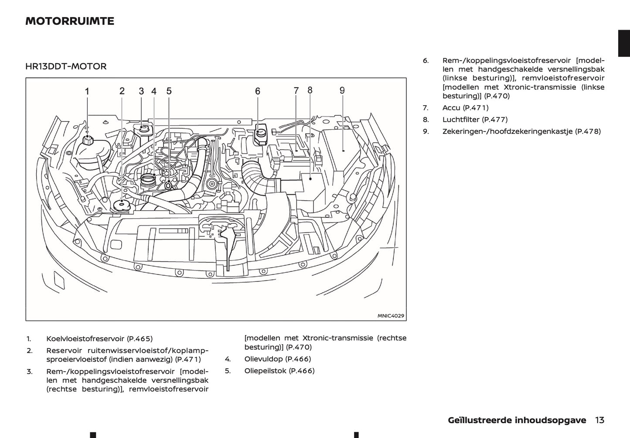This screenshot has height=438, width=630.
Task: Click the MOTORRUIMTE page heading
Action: [70, 21]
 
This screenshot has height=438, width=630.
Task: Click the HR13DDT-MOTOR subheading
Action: [66, 66]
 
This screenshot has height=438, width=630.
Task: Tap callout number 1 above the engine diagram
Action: [87, 92]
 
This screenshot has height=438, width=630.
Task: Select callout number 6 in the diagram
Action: [258, 91]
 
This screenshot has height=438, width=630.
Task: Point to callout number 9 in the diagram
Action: [342, 90]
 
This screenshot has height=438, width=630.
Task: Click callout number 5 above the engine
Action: [169, 91]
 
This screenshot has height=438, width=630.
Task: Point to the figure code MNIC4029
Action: [391, 316]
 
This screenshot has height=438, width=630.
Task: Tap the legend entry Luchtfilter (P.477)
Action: [475, 120]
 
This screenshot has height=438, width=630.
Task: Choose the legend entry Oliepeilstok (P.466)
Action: [279, 371]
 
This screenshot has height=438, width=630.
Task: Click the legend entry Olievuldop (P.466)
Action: [277, 359]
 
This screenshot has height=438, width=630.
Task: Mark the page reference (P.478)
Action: [588, 131]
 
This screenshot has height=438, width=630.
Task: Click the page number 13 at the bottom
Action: [599, 420]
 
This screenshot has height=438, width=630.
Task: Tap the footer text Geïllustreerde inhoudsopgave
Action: [517, 420]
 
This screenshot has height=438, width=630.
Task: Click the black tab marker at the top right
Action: [624, 44]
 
